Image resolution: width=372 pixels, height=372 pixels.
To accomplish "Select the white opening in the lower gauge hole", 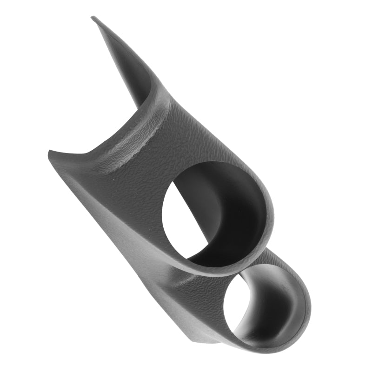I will [x=235, y=307].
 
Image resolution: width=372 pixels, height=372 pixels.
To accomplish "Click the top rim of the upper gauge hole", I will [x=205, y=164].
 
